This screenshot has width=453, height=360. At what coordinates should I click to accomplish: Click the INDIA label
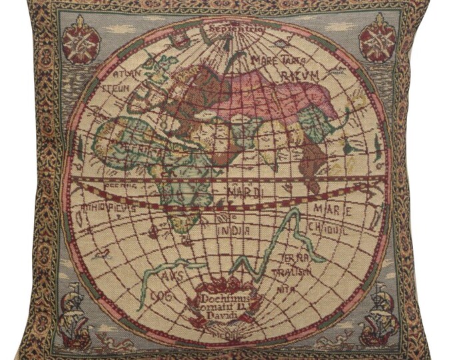pos(233,230)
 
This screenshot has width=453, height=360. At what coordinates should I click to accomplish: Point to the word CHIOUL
pos(326,227)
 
